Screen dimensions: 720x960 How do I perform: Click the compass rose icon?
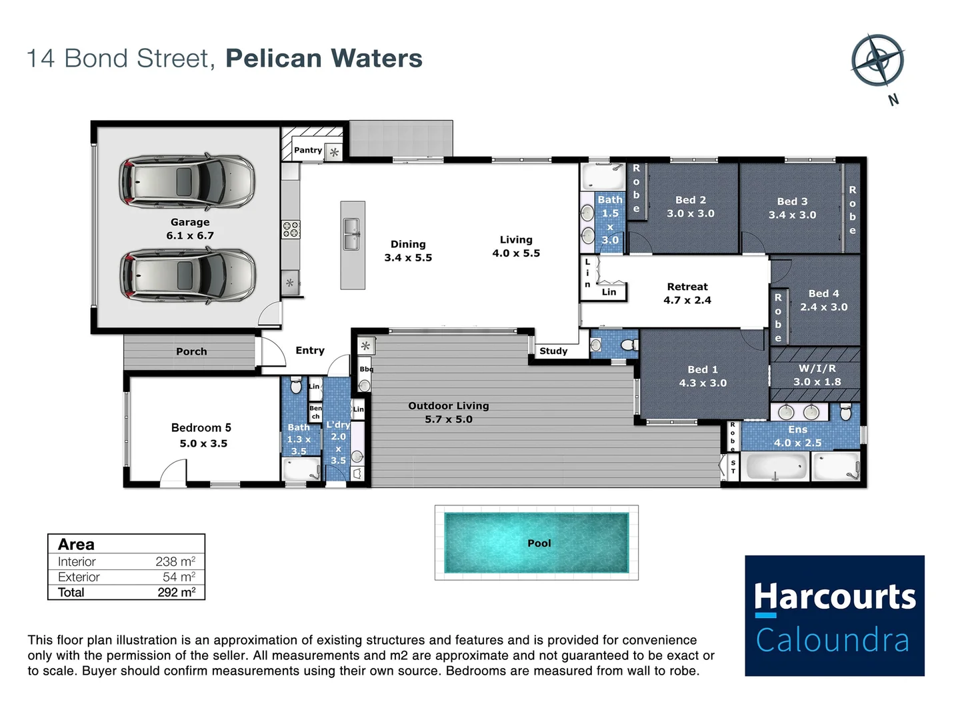[x=877, y=61]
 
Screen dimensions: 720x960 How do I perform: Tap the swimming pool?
[x=536, y=543]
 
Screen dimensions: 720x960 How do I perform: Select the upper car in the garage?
[x=187, y=181]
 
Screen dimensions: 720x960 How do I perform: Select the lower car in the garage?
[x=187, y=275]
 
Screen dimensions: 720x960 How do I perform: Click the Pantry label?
[x=308, y=151]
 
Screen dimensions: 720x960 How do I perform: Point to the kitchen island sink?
[x=352, y=235]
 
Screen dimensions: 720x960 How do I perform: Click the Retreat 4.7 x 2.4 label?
[x=687, y=293]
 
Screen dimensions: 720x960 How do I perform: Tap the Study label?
[x=553, y=351]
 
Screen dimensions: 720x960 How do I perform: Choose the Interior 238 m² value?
[x=175, y=561]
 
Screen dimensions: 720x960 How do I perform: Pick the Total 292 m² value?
[x=176, y=592]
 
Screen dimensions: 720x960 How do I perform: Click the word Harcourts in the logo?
[x=835, y=596]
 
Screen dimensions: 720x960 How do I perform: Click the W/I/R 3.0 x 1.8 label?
[x=817, y=375]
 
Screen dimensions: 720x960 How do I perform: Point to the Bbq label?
[x=366, y=369]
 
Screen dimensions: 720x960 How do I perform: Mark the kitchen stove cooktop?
[x=291, y=229]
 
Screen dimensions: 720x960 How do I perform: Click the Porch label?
[x=191, y=351]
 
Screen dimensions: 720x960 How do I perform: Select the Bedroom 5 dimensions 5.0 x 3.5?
[x=203, y=443]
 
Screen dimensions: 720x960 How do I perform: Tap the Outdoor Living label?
[x=448, y=405]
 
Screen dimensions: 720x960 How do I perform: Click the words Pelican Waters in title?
[x=324, y=59]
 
